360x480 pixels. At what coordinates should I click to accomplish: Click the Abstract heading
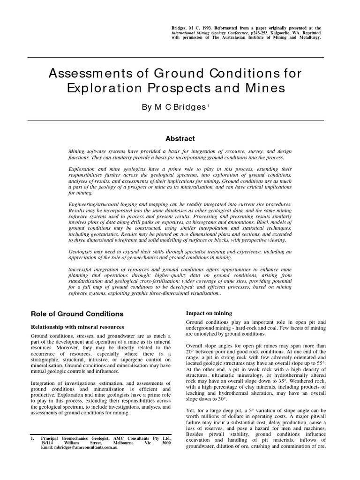coord(180,138)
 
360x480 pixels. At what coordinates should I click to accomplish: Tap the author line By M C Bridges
coord(174,107)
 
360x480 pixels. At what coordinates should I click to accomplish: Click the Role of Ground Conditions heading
coord(77,314)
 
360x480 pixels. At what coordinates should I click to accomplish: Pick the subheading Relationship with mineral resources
coord(78,326)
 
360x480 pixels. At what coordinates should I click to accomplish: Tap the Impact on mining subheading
coord(209,313)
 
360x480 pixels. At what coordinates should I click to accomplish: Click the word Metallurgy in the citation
coord(307,37)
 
